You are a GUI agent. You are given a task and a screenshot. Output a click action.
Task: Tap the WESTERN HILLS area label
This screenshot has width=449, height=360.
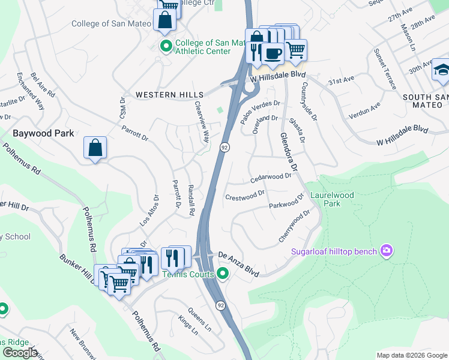(x=169, y=95)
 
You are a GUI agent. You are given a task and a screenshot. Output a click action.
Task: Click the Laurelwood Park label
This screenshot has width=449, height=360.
(x=332, y=199)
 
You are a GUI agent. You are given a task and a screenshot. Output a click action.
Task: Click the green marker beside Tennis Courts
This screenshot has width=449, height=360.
(x=223, y=275)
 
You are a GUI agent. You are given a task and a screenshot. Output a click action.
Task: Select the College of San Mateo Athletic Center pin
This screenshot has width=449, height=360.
(x=165, y=46)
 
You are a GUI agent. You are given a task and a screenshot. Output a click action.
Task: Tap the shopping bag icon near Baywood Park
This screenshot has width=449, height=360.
(x=95, y=149)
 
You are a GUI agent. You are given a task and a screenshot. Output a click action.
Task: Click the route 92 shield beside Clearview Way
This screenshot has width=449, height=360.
(x=223, y=147)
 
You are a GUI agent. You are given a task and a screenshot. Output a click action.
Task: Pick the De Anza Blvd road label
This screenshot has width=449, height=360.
(x=238, y=263)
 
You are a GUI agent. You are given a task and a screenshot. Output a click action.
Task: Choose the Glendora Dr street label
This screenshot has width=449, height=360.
(x=289, y=153)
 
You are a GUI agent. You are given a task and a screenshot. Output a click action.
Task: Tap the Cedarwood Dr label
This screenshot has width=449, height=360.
(x=271, y=178)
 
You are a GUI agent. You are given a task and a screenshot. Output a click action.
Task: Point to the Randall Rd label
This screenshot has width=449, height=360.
(x=191, y=200)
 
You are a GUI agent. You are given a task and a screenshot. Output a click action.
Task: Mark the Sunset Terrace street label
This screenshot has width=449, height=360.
(x=386, y=69)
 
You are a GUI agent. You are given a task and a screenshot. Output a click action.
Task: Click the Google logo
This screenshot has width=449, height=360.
(x=20, y=352)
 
